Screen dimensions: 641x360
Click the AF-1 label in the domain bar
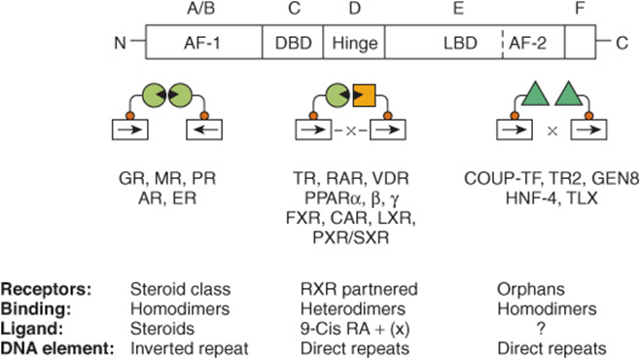202,43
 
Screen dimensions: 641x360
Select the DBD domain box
293,42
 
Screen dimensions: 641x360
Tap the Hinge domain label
354,43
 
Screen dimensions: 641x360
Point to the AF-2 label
527,43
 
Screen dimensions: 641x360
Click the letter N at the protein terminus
120,43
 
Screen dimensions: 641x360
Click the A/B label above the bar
200,8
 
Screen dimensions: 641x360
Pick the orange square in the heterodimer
364,95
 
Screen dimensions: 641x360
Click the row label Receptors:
46,289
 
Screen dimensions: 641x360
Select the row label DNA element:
57,348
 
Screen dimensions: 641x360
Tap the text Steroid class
180,289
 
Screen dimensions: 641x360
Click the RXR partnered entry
359,289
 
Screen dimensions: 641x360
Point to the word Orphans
531,289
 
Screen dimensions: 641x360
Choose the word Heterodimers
353,308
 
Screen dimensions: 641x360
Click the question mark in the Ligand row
541,329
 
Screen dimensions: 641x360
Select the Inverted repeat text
190,348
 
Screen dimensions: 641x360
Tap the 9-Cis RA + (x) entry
355,329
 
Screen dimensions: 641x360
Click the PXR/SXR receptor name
351,237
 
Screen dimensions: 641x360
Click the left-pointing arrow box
204,129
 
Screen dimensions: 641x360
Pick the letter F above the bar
580,8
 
